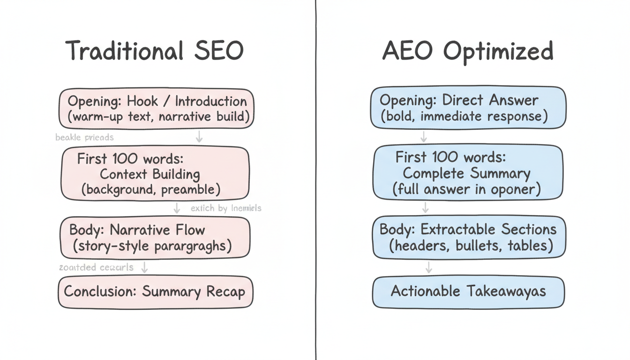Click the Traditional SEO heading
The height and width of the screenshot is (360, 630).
(x=154, y=51)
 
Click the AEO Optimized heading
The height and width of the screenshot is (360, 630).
(x=468, y=51)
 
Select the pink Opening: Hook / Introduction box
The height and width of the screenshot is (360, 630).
(x=156, y=108)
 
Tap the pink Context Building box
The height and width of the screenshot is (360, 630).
(x=155, y=174)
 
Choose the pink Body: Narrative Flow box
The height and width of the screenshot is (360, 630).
(x=155, y=237)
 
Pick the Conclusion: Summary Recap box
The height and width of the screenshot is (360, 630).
(x=155, y=292)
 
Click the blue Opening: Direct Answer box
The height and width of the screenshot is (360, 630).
(x=468, y=107)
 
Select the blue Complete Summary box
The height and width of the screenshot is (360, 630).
(x=467, y=172)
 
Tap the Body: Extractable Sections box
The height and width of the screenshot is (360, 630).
(x=468, y=237)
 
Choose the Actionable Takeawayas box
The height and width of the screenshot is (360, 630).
(x=468, y=291)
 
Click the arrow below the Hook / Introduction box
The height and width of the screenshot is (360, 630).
(x=199, y=136)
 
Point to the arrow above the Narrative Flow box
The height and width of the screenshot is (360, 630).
(x=177, y=208)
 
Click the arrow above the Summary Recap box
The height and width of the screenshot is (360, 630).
(x=145, y=268)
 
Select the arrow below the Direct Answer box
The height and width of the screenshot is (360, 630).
(x=424, y=136)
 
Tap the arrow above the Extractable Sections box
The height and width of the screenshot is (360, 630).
(x=426, y=207)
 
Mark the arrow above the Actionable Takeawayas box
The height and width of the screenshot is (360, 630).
(x=428, y=268)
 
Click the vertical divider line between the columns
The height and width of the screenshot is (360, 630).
(x=315, y=180)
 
